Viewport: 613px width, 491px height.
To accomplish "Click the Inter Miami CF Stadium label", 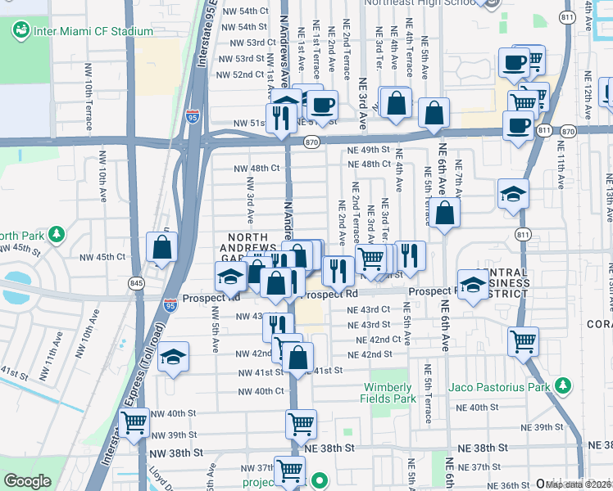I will click(x=93, y=31).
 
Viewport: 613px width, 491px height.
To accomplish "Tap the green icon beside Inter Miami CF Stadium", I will click(x=20, y=31).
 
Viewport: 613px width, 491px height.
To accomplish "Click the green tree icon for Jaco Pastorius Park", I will click(x=562, y=385).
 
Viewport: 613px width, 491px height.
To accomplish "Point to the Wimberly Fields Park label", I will click(x=388, y=394).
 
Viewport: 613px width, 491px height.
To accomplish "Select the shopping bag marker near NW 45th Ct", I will click(x=161, y=248).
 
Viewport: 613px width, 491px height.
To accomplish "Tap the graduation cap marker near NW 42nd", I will click(x=173, y=358).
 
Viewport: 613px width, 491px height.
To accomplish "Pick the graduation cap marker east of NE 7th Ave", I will click(x=512, y=194).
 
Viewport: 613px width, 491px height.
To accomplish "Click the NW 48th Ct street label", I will click(x=257, y=168).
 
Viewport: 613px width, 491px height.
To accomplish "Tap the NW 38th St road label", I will click(x=175, y=452).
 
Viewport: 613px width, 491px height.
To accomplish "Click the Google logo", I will click(x=27, y=480).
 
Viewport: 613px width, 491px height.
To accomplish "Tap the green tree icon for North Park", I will click(x=56, y=235).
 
